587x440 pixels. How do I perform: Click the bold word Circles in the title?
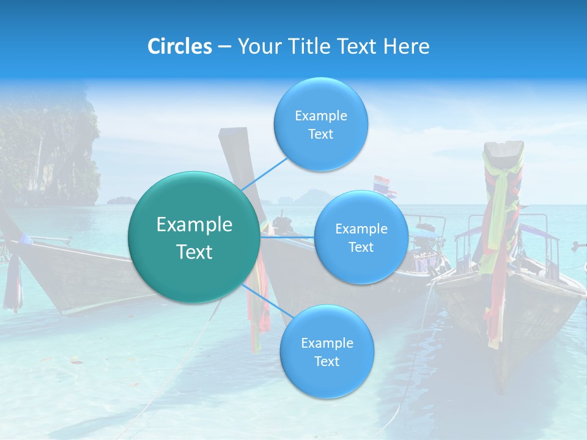[x=179, y=46]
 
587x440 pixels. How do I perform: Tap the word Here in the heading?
[x=406, y=46]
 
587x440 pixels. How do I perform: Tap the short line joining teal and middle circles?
[x=287, y=237]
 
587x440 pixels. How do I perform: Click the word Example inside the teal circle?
[x=194, y=225]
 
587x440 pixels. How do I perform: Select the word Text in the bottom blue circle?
[x=327, y=362]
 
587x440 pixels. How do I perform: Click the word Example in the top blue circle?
[x=320, y=116]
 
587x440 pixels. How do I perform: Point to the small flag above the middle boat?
[x=382, y=183]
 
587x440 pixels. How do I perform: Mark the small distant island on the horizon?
[x=122, y=200]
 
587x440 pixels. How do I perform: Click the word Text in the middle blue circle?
[x=361, y=248]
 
